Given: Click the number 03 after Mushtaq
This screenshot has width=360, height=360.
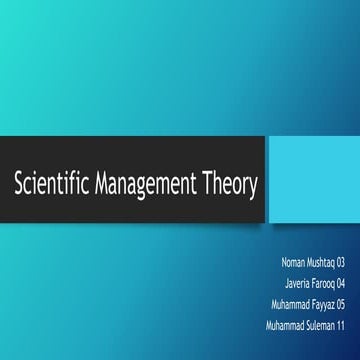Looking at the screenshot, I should pyautogui.click(x=341, y=262).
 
